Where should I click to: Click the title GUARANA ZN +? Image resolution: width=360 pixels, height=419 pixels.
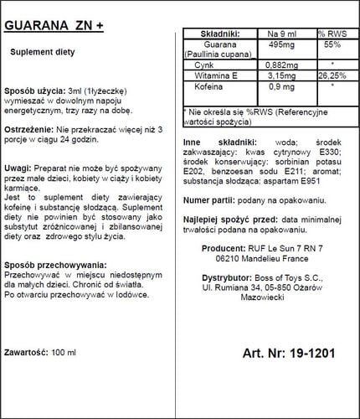(55, 24)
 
